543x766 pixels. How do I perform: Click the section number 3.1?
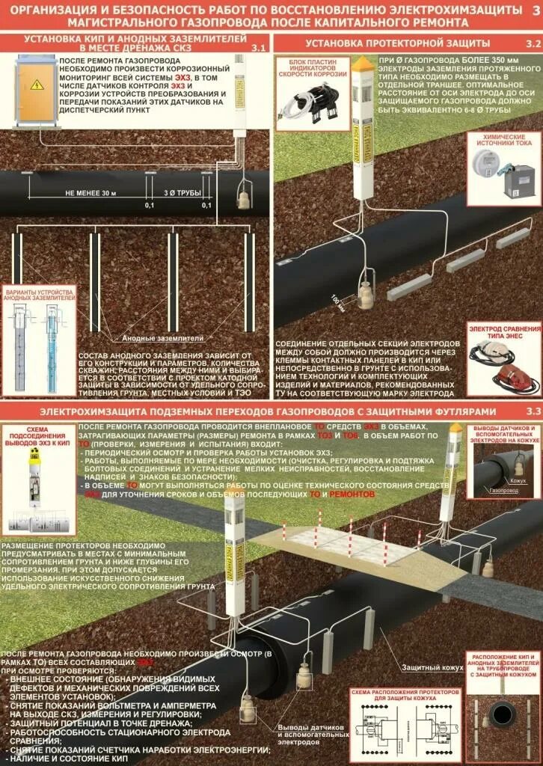coord(258,47)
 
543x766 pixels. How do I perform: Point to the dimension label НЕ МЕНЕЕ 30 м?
coord(91,193)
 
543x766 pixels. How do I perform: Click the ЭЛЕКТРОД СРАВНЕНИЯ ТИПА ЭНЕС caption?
coord(505,332)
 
